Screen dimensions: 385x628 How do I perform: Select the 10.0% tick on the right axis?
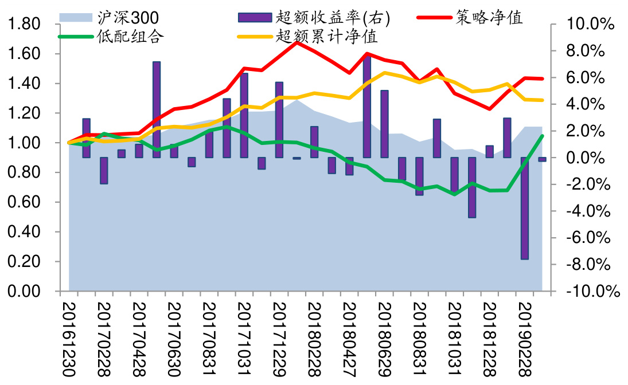coord(590,24)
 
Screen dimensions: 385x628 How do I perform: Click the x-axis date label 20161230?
coord(68,338)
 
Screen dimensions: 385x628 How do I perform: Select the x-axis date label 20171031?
coord(244,338)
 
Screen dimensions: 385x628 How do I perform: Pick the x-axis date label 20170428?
coord(139,338)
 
